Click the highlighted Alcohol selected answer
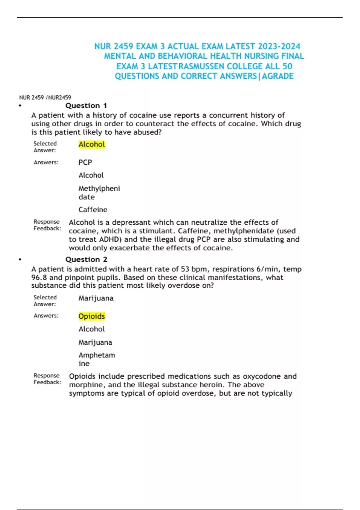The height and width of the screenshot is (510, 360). [x=91, y=145]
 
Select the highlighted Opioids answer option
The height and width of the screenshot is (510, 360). [x=91, y=316]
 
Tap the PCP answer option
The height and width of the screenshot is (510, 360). [x=85, y=162]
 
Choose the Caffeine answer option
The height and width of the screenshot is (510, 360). [x=93, y=210]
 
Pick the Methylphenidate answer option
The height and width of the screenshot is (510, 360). [x=99, y=193]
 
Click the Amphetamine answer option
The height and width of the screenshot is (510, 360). [x=97, y=359]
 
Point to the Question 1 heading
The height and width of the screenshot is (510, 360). [x=86, y=106]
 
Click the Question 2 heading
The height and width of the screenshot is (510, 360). [x=86, y=259]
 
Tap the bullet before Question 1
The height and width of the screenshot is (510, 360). [x=20, y=106]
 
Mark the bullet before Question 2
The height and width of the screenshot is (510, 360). [x=20, y=259]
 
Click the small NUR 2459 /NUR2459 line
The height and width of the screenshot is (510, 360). [x=45, y=97]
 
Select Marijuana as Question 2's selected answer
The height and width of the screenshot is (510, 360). [x=96, y=298]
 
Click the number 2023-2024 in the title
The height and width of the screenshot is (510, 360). [x=279, y=46]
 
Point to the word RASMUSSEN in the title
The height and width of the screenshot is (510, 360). [x=201, y=66]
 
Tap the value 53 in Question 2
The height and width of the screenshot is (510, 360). [x=185, y=269]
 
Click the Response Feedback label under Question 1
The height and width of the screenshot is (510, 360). [x=47, y=225]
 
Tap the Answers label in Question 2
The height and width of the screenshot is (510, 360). [x=46, y=316]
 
